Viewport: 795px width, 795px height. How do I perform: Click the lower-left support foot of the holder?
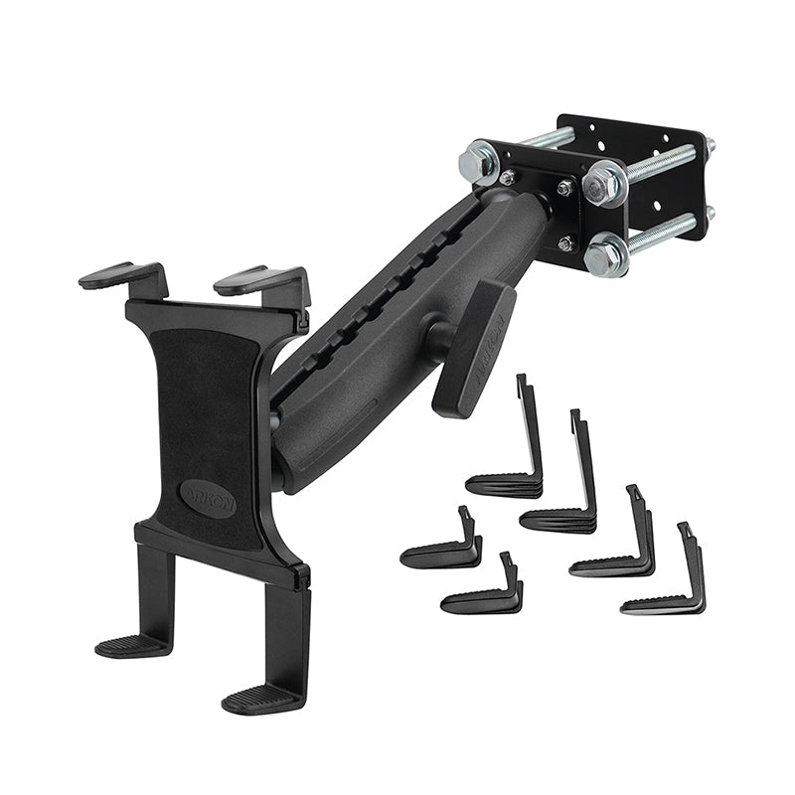coord(134,646)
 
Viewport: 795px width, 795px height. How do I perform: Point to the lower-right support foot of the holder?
coord(261,699)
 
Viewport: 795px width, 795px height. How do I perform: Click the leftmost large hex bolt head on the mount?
coord(479,162)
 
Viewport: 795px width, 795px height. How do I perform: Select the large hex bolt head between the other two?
coord(603,183)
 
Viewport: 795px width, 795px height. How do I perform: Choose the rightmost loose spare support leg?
coord(666,587)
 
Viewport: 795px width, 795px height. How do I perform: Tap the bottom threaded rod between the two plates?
coord(661,235)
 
